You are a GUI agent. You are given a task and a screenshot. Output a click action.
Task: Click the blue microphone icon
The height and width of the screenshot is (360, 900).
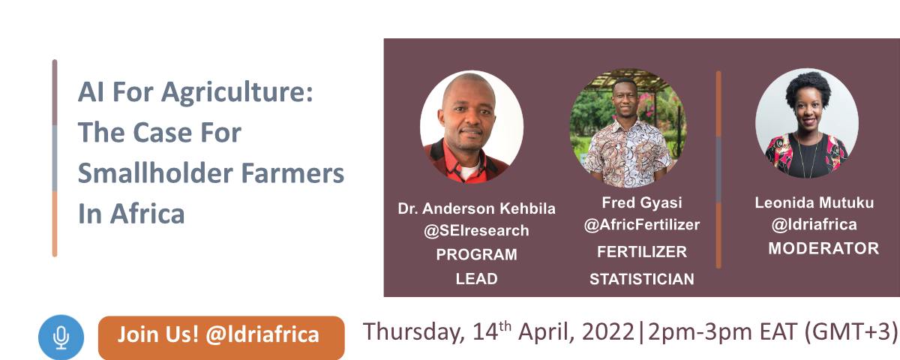(x=61, y=337)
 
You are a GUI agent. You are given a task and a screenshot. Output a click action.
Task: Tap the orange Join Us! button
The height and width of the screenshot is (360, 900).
(x=221, y=337)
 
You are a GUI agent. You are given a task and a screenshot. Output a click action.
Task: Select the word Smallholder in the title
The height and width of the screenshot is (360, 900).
(x=155, y=172)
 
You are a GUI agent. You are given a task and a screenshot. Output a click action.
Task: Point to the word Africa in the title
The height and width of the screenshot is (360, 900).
(x=148, y=213)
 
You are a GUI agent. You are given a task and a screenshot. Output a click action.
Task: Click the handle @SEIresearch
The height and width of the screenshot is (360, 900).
(x=476, y=231)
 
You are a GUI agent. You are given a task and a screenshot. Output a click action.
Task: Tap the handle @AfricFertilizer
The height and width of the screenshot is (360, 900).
(x=642, y=225)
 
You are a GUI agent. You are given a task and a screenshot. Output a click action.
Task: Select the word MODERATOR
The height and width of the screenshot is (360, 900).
(x=823, y=249)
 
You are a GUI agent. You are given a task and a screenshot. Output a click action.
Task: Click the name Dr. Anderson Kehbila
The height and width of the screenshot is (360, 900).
(x=476, y=208)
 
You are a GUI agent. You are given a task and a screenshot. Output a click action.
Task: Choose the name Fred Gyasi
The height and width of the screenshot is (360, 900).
(x=642, y=203)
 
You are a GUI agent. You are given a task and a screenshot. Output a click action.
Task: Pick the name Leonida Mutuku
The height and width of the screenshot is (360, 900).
(x=814, y=203)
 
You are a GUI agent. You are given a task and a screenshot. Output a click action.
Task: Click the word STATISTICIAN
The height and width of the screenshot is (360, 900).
(x=642, y=279)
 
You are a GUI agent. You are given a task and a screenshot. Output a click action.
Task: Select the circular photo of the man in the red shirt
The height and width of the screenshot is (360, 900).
(x=472, y=127)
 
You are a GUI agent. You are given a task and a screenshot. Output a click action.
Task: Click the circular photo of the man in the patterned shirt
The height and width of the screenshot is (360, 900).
(x=628, y=127)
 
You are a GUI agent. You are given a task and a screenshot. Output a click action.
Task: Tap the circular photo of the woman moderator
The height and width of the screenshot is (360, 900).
(x=807, y=123)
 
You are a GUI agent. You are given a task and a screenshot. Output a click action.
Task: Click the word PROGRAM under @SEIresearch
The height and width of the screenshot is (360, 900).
(x=476, y=255)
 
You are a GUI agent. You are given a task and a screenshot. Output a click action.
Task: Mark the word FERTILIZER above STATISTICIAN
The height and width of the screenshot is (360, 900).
(x=642, y=252)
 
